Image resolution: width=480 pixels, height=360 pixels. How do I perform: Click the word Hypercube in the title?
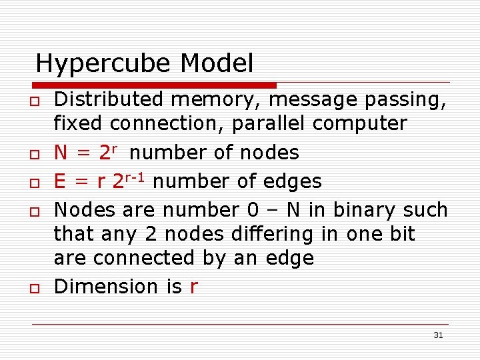click(104, 64)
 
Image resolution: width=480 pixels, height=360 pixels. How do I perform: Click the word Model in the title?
click(217, 64)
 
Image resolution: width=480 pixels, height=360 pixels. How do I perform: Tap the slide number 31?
click(438, 335)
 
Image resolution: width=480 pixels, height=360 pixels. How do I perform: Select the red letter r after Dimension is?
click(193, 287)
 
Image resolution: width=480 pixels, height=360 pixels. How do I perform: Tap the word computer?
click(361, 123)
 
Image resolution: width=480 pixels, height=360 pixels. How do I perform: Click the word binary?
click(363, 210)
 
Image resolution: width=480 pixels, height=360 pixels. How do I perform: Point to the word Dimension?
click(107, 287)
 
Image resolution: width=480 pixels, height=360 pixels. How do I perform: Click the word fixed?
click(79, 123)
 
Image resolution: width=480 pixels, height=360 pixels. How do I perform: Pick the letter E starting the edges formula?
click(61, 181)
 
